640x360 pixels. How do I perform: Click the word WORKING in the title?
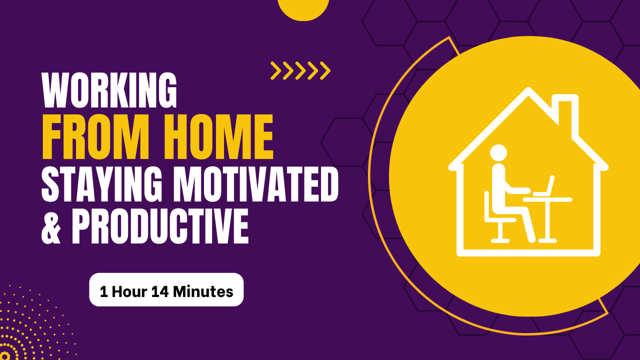tap(109, 90)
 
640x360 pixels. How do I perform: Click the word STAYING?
tap(102, 184)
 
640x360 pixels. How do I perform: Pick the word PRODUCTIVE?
tap(160, 225)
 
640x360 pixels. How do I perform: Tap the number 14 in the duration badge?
tap(160, 292)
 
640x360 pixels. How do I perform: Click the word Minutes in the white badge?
tap(203, 292)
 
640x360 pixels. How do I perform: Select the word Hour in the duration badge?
tap(129, 292)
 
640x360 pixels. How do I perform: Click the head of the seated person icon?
tap(498, 153)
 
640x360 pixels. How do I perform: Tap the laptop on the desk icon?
tap(543, 187)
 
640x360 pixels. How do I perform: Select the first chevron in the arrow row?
tap(276, 70)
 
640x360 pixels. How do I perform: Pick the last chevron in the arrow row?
tap(325, 70)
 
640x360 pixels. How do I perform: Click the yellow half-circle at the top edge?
tap(303, 9)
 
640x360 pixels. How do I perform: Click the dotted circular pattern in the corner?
tap(28, 328)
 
